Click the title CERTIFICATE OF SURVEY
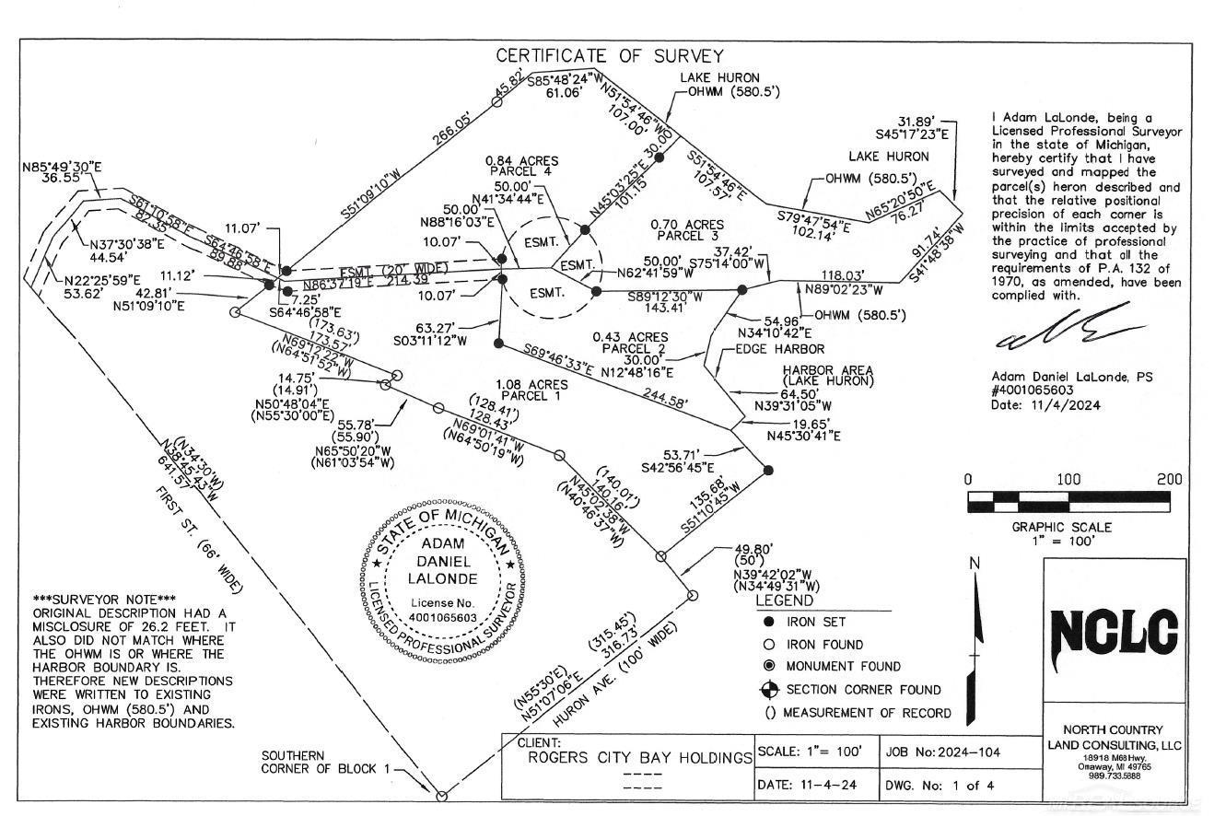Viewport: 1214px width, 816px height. pos(610,56)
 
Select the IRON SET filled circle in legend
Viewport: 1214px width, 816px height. pos(768,623)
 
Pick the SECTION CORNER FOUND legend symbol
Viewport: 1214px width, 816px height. pos(768,690)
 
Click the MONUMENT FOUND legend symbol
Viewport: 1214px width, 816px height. pos(768,666)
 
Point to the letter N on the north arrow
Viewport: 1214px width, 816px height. pos(975,564)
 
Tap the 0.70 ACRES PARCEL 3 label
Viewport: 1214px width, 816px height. pos(686,230)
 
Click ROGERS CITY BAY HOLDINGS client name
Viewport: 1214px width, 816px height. pos(637,758)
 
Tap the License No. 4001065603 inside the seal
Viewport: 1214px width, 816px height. pos(442,610)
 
